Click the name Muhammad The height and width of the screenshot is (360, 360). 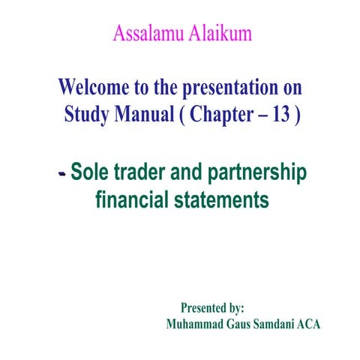197,325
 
